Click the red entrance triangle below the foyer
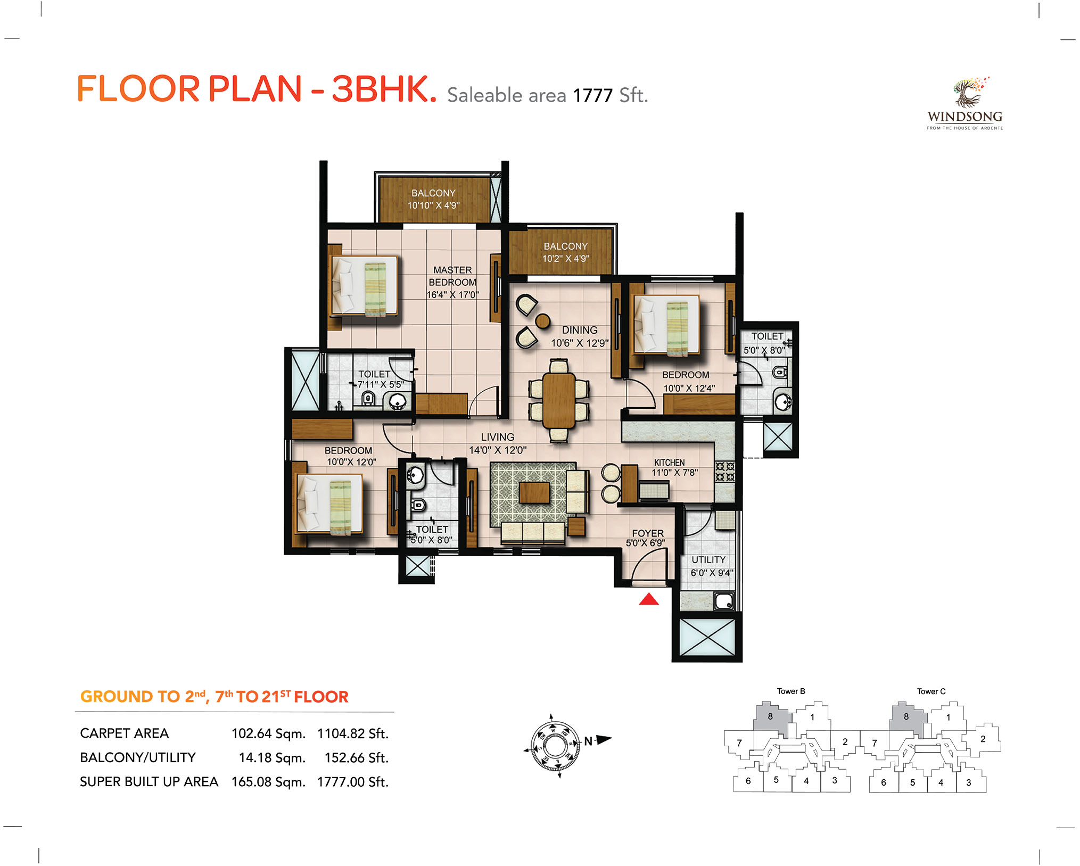[x=649, y=599]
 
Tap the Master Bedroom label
[x=452, y=282]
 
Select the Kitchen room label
[x=670, y=463]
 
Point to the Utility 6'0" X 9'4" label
[x=712, y=566]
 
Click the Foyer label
[x=648, y=533]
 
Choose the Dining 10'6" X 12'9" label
[x=580, y=336]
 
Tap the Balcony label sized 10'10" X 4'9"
[x=433, y=199]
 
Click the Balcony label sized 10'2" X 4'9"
[x=566, y=252]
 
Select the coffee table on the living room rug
[x=534, y=492]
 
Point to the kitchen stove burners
[x=724, y=472]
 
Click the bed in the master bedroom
[x=365, y=286]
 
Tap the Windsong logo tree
[x=968, y=92]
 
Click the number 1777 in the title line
[x=593, y=96]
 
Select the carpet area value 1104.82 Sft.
[x=353, y=733]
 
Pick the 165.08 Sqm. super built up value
[x=268, y=782]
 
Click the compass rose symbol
[x=555, y=746]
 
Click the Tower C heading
[x=931, y=691]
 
